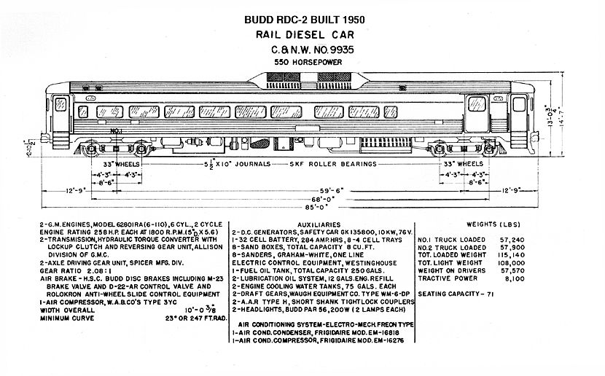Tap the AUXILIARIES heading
point(319,224)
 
